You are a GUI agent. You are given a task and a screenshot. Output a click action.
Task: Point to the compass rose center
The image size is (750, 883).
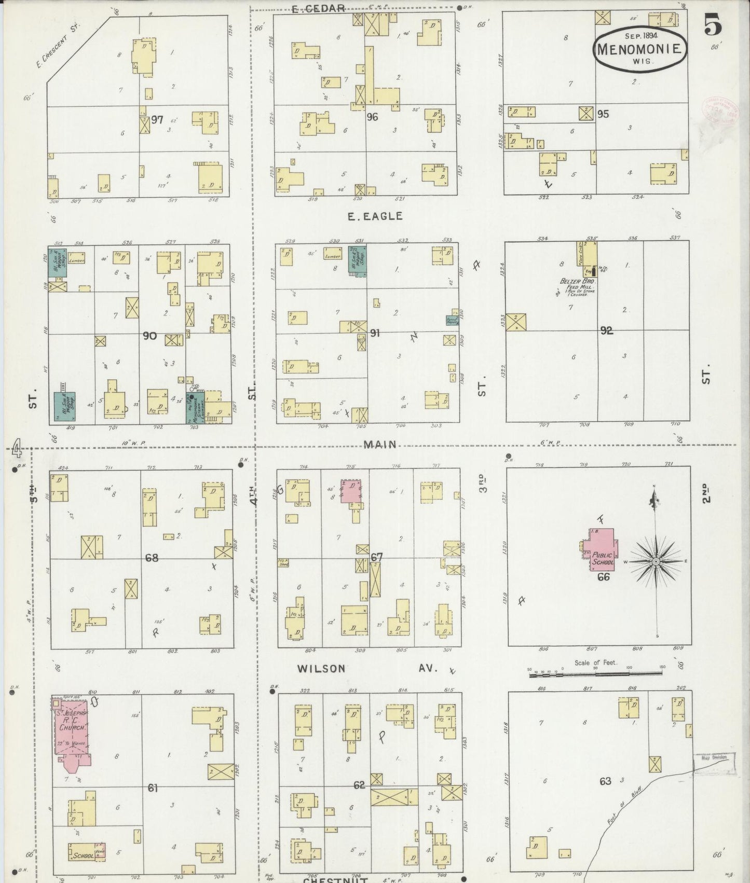click(x=656, y=561)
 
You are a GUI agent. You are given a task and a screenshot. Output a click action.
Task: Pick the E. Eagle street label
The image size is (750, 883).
click(x=375, y=216)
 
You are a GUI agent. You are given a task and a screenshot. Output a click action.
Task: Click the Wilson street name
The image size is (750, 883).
click(x=321, y=668)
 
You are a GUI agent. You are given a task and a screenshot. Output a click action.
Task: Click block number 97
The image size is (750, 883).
click(x=157, y=120)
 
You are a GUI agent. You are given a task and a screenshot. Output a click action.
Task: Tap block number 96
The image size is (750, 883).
click(x=372, y=117)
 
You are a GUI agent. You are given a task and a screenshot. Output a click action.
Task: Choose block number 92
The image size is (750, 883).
click(x=606, y=330)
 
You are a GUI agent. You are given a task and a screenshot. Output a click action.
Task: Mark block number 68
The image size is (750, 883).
click(x=152, y=558)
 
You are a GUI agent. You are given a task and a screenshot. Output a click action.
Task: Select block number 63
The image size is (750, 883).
click(x=605, y=781)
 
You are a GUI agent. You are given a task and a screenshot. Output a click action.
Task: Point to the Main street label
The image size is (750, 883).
click(x=380, y=444)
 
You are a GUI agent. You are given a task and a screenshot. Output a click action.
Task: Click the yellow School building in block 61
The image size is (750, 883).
click(x=83, y=855)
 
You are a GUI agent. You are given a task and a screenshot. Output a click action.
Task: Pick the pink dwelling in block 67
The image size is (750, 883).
click(x=351, y=491)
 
